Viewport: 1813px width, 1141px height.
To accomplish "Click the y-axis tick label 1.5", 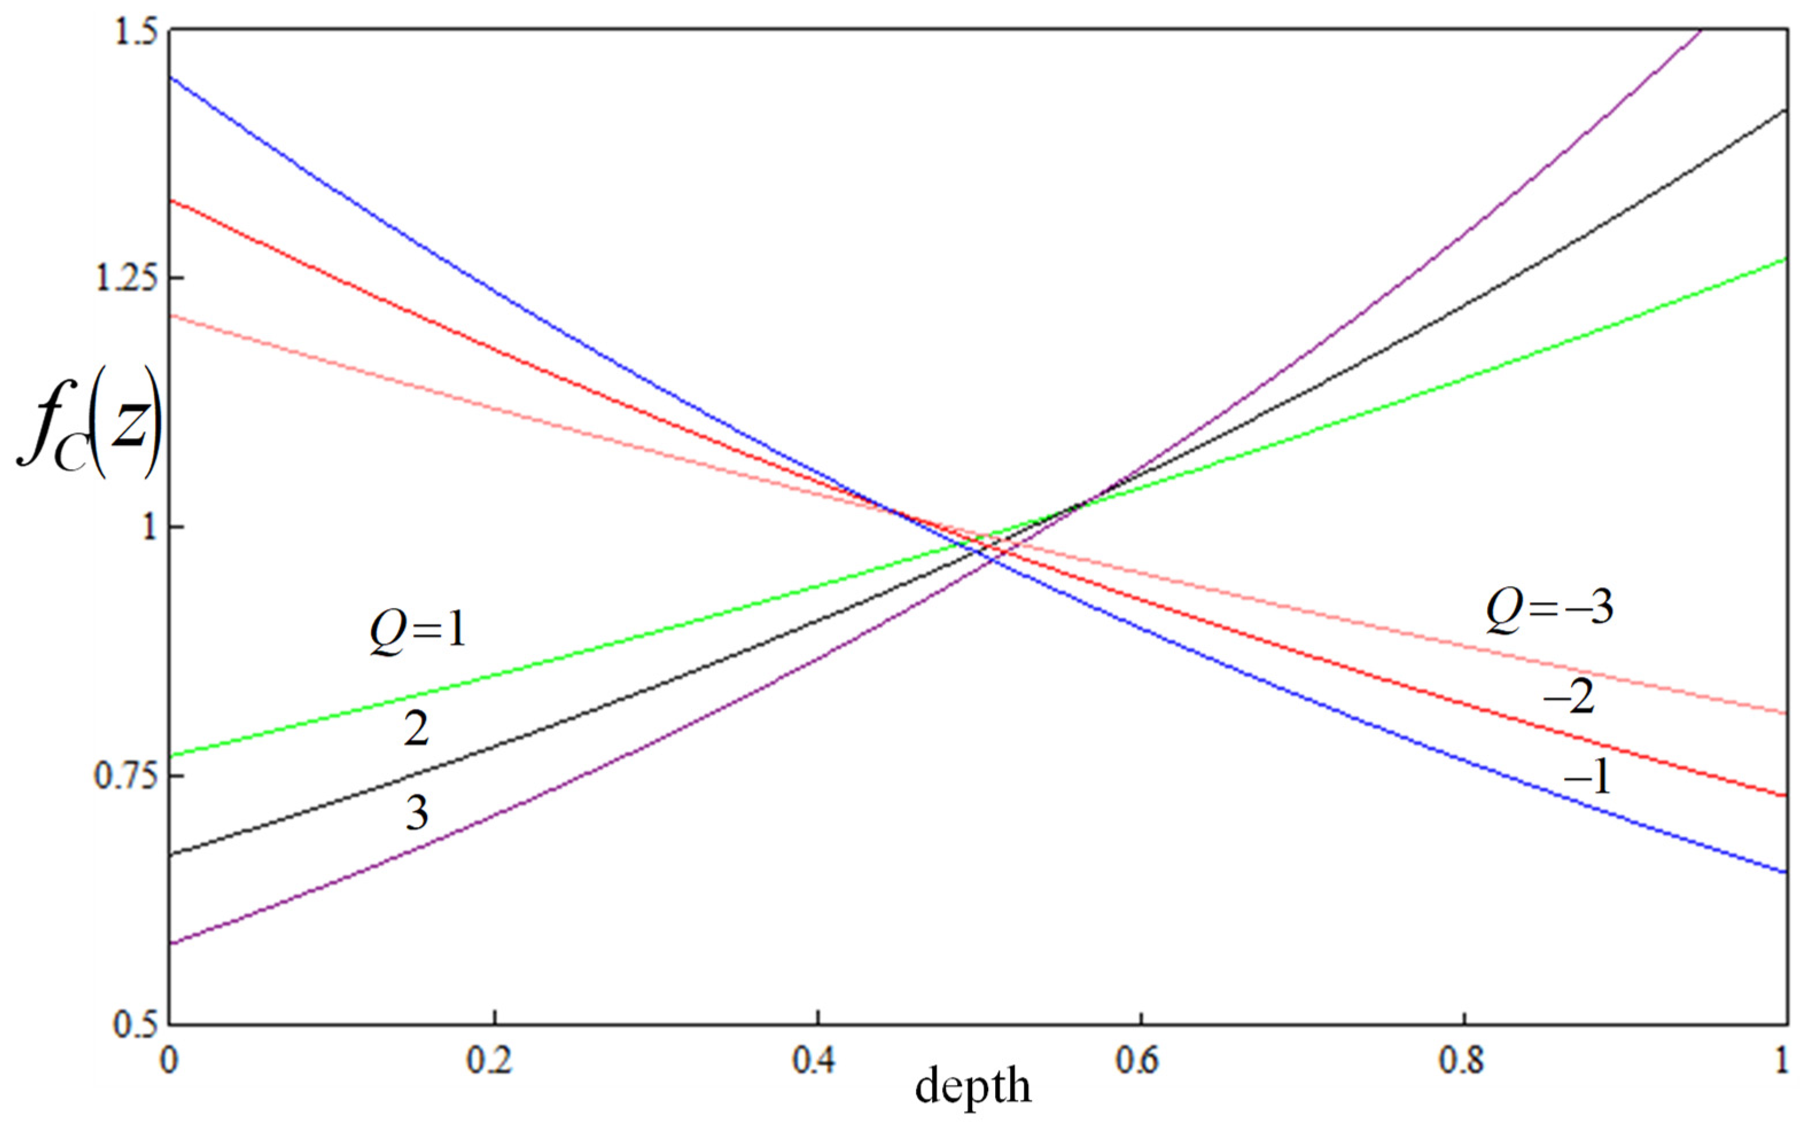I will [135, 34].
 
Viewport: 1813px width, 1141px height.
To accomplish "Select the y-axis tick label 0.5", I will [135, 1025].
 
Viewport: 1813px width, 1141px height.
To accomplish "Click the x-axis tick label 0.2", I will [490, 1060].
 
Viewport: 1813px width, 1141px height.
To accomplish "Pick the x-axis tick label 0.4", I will [814, 1060].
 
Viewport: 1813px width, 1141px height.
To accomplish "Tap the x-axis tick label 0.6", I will [1138, 1060].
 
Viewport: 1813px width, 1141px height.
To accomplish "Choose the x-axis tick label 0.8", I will [1461, 1060].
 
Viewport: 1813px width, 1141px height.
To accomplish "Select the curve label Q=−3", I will [1550, 608].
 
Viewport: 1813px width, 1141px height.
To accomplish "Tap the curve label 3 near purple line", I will [417, 813].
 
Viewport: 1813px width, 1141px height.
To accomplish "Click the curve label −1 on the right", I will [1587, 777].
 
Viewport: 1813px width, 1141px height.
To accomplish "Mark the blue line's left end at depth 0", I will [171, 77].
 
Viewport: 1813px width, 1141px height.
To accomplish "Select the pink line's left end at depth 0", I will [171, 315].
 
